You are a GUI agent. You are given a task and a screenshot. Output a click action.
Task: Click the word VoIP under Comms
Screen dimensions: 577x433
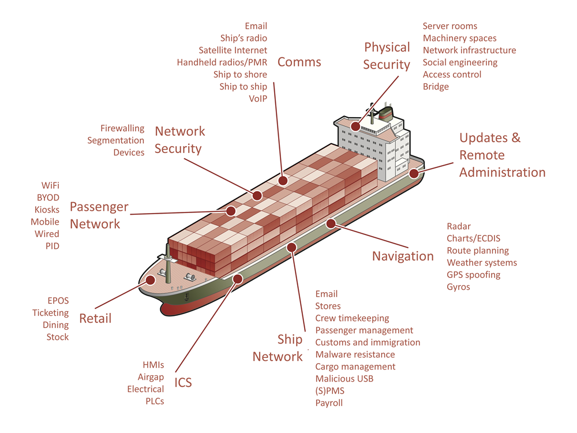click(x=258, y=99)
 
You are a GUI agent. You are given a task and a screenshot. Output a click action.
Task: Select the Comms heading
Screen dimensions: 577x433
click(x=299, y=62)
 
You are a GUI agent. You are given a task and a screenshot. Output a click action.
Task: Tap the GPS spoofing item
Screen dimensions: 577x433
click(x=474, y=275)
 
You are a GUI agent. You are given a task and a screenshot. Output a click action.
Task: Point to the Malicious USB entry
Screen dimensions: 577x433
click(x=344, y=379)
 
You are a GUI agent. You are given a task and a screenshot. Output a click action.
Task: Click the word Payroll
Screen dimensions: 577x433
click(x=329, y=403)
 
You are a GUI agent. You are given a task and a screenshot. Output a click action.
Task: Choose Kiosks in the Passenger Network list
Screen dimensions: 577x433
click(x=47, y=210)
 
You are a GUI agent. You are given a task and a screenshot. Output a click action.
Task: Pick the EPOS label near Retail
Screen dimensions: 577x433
click(x=58, y=300)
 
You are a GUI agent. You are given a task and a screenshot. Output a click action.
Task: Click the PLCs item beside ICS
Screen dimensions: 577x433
click(x=155, y=401)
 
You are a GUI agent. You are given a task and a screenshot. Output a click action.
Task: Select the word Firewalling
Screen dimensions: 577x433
click(x=122, y=129)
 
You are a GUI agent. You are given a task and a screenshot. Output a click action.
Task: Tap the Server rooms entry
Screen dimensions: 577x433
click(x=449, y=26)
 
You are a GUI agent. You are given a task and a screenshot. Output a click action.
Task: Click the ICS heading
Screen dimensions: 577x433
click(x=183, y=383)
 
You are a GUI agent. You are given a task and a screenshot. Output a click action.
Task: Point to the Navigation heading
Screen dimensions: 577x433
click(x=403, y=256)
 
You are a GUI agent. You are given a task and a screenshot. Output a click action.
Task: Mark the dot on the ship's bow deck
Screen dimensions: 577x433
click(x=150, y=280)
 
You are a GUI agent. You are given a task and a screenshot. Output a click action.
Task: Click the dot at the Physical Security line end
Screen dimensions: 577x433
click(x=355, y=126)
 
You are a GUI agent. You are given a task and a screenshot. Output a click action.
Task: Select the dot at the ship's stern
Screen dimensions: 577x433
click(x=414, y=173)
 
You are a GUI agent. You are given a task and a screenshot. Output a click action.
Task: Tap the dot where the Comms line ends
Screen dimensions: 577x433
click(x=283, y=180)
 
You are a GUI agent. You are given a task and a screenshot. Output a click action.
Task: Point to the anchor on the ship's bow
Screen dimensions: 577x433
click(x=186, y=296)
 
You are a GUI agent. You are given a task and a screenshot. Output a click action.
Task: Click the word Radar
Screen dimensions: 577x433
click(x=459, y=226)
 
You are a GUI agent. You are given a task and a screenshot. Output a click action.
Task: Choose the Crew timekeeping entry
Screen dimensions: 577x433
click(x=352, y=319)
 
